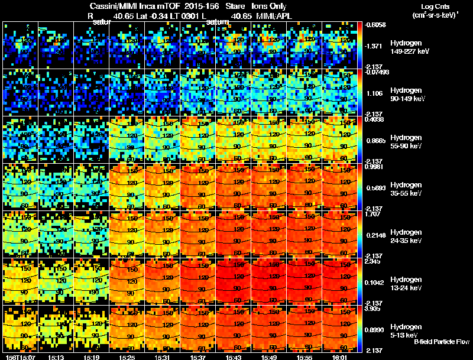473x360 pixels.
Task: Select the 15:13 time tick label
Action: [56, 357]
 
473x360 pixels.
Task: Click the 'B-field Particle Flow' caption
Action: [441, 342]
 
